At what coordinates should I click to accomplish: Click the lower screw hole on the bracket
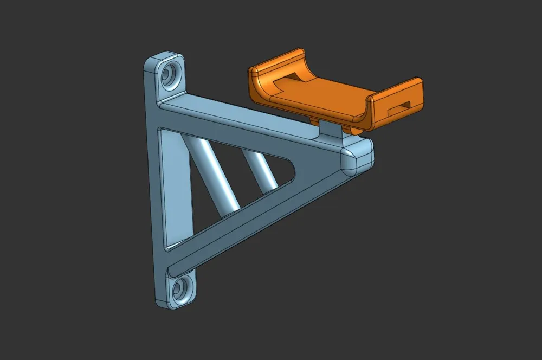pyautogui.click(x=180, y=289)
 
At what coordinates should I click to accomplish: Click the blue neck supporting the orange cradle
pyautogui.click(x=331, y=130)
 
